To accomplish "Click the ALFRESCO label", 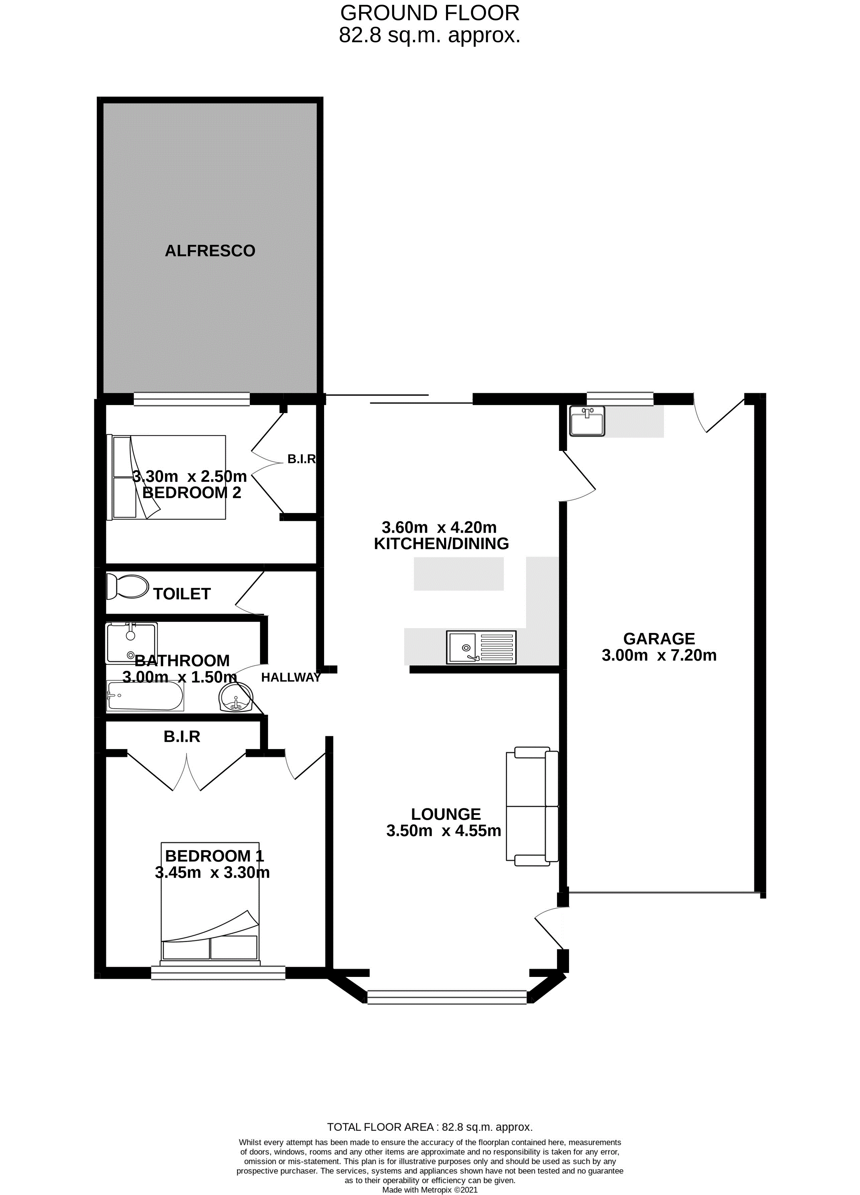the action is point(210,251).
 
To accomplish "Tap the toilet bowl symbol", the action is point(128,586).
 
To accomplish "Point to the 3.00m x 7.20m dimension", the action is point(659,656).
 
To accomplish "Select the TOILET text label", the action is point(182,594).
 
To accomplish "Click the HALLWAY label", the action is point(291,678).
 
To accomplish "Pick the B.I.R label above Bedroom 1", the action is point(182,736).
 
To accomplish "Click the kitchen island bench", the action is point(458,574).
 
